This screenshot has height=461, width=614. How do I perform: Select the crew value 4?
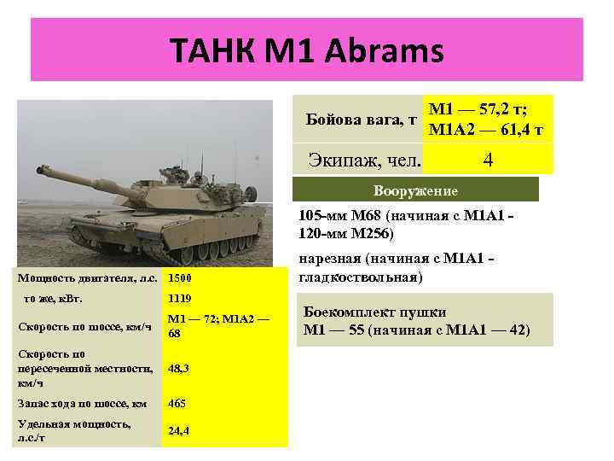click(489, 160)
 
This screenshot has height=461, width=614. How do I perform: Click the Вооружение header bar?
click(416, 190)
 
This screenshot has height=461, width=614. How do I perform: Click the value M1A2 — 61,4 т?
click(487, 130)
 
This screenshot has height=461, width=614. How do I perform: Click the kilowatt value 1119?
click(180, 299)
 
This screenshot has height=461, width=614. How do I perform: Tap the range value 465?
click(177, 403)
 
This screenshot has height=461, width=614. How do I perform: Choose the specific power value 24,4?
click(179, 431)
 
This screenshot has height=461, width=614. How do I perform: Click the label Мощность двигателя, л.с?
click(88, 278)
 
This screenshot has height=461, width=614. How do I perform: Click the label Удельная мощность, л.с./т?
click(74, 430)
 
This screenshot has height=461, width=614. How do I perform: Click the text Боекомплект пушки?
click(374, 312)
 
